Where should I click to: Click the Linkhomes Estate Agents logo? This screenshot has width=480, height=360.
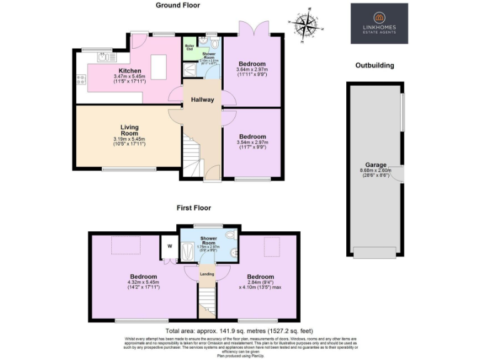pyautogui.click(x=379, y=24)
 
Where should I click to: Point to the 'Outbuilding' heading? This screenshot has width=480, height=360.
pyautogui.click(x=374, y=65)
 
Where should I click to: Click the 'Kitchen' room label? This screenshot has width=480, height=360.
pyautogui.click(x=129, y=71)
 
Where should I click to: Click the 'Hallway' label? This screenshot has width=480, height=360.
pyautogui.click(x=202, y=99)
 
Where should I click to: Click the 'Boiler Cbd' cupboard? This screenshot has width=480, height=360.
pyautogui.click(x=189, y=47)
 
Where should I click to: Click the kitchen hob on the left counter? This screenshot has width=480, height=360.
pyautogui.click(x=81, y=79)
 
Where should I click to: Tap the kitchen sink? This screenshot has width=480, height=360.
pyautogui.click(x=104, y=57)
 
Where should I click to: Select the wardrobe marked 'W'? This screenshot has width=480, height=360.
pyautogui.click(x=169, y=246)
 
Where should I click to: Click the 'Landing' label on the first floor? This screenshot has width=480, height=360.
pyautogui.click(x=206, y=273)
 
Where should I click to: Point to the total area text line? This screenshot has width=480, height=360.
pyautogui.click(x=238, y=331)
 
